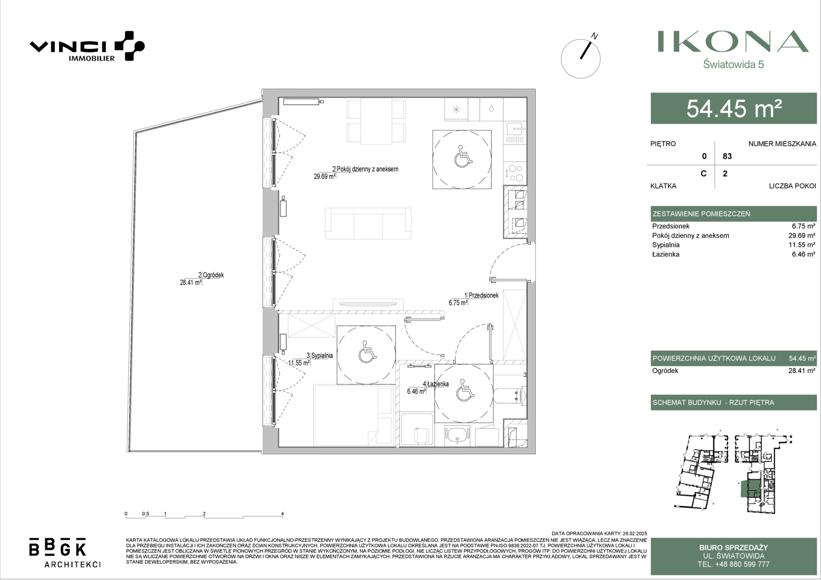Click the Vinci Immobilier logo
[87, 46]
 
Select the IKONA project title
[733, 41]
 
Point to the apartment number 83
[727, 156]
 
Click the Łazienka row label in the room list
[666, 254]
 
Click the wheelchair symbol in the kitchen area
[463, 156]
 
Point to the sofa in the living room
[368, 223]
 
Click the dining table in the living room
[377, 121]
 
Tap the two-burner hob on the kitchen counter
[515, 173]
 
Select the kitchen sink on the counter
[515, 129]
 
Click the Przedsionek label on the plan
[483, 295]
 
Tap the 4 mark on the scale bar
[282, 514]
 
